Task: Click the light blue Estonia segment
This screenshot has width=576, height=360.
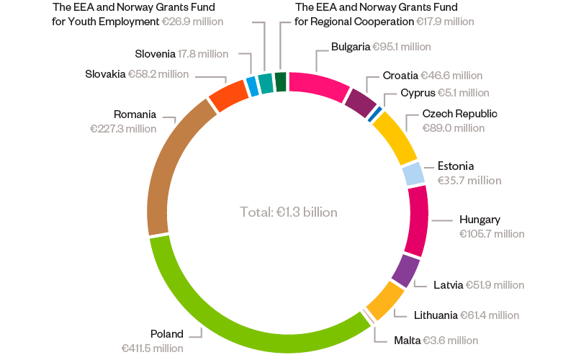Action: point(413,174)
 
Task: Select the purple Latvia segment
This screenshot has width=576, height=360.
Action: point(405,271)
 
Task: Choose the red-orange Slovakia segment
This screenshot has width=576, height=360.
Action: point(228,93)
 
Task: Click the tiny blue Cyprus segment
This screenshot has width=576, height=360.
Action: point(375,112)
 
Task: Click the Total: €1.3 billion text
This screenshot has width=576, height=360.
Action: point(288,212)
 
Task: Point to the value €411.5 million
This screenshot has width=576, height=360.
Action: point(153,348)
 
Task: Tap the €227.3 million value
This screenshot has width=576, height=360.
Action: point(123,128)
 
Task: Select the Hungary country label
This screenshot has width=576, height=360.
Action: point(480,219)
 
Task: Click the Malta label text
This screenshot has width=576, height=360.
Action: point(407,340)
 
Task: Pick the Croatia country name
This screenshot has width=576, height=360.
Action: point(400,75)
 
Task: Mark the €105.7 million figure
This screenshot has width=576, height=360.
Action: point(492,234)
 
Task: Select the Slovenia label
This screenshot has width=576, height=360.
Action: point(155,54)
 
